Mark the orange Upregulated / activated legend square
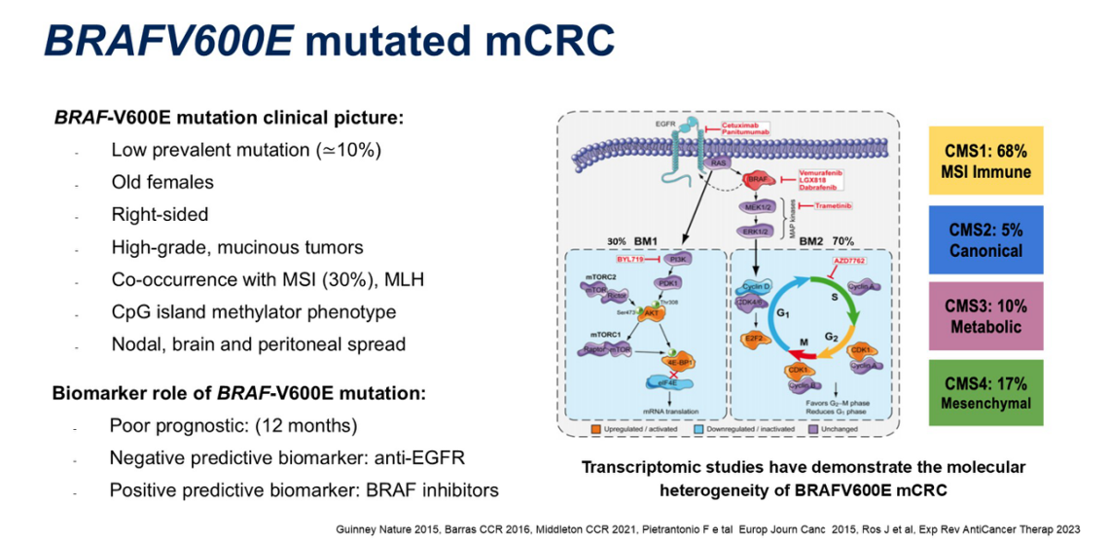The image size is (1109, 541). pos(593,429)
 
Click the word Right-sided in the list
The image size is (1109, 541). pos(160,214)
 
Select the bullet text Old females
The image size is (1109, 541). pos(162,182)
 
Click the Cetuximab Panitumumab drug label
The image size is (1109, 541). pos(742,130)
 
